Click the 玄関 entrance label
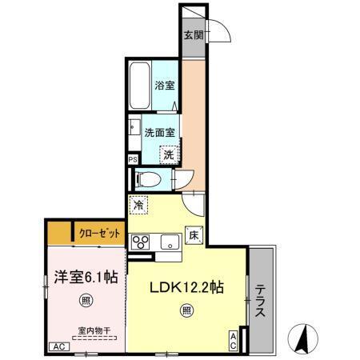point(192,35)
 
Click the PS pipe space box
point(132,160)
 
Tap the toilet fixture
point(147,179)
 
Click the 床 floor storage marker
point(193,234)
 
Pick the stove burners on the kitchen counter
point(142,242)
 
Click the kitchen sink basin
point(170,242)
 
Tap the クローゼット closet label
point(101,234)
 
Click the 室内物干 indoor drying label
point(94,330)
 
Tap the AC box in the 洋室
point(58,346)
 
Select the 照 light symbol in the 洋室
point(85,301)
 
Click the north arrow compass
point(302,338)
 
